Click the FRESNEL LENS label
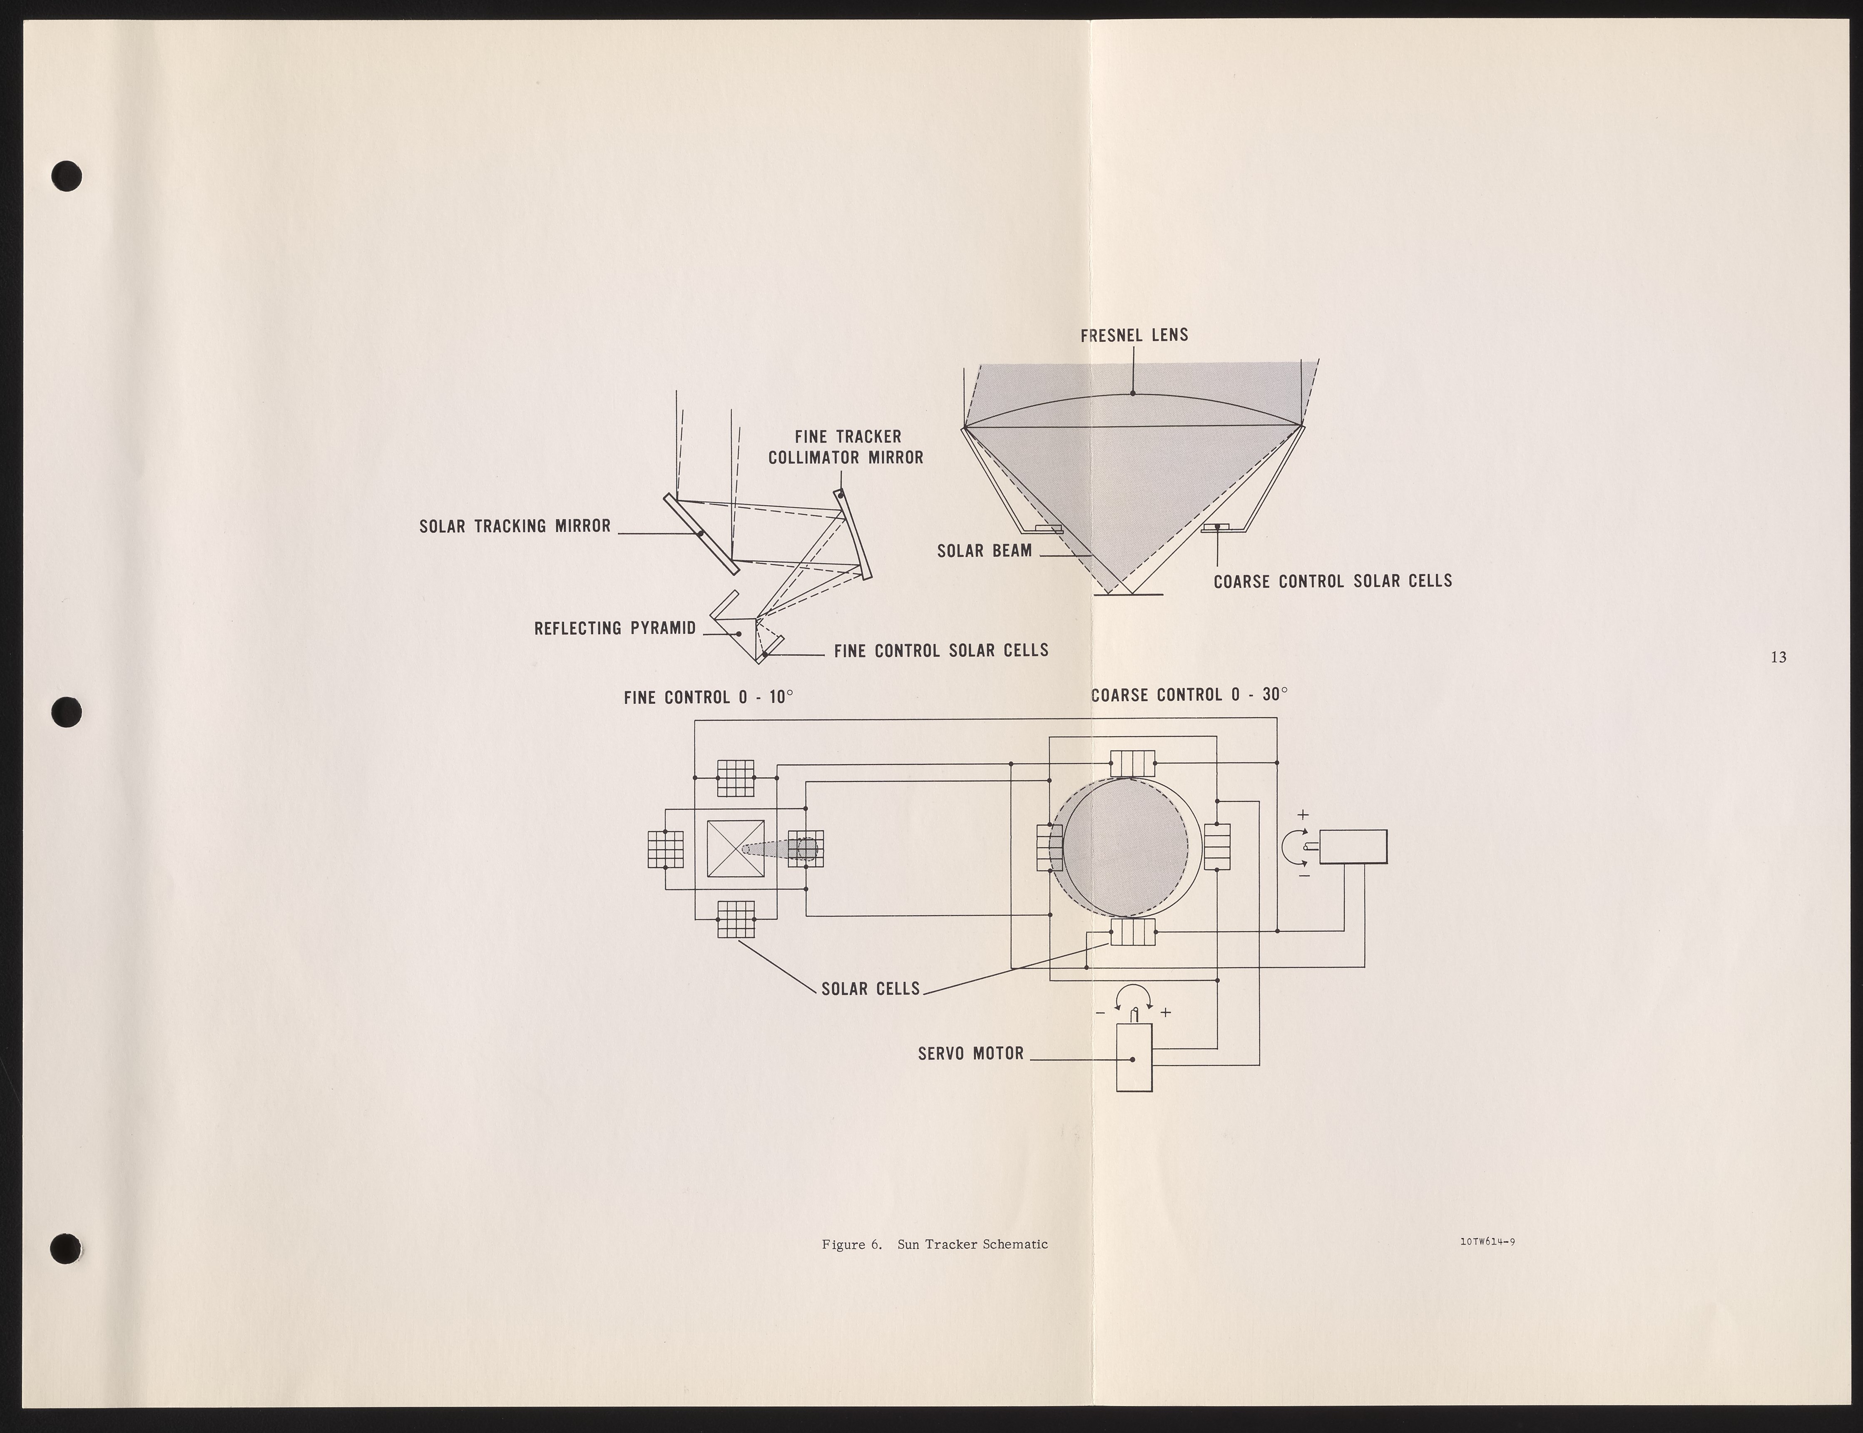click(1134, 335)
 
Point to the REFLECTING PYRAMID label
click(614, 629)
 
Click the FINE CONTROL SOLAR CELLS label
click(941, 651)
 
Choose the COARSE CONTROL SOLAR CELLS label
click(1333, 581)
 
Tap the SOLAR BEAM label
click(985, 551)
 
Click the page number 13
click(1778, 657)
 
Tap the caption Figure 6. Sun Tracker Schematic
click(934, 1244)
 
